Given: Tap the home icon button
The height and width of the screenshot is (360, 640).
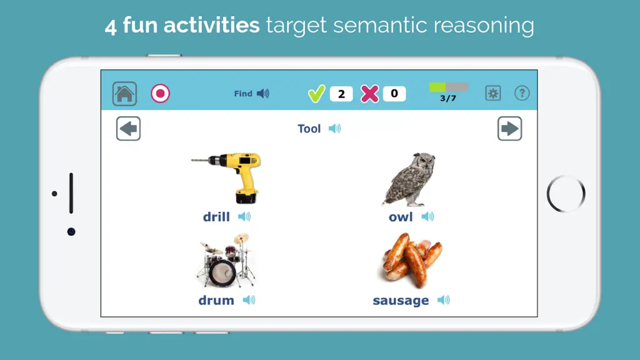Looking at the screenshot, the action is (124, 94).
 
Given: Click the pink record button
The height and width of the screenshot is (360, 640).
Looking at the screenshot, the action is (161, 94).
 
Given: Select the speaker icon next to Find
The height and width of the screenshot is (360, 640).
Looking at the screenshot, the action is (263, 94).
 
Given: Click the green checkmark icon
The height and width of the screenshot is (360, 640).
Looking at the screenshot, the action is (316, 94).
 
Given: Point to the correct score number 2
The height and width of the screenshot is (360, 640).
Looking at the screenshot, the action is (341, 94).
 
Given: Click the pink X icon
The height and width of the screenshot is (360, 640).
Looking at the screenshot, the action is (370, 94).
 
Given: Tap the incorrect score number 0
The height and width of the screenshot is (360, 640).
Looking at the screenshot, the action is (394, 94).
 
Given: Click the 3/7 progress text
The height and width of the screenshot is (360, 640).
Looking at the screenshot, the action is (447, 98).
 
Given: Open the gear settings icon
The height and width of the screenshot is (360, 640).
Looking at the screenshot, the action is (493, 93).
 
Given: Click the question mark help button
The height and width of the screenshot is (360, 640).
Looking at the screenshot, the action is (522, 93).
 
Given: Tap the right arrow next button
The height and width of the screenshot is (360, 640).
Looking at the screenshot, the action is (510, 129).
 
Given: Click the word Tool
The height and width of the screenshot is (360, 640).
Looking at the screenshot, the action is (309, 129).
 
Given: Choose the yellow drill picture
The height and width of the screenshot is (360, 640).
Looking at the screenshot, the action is (226, 177).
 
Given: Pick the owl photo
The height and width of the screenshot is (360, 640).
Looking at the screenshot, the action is (409, 179).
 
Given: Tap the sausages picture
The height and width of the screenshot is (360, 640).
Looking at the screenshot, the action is (412, 260).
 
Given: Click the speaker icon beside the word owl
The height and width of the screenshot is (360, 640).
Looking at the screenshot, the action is (427, 216).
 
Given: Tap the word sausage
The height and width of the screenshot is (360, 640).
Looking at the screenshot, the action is (401, 301).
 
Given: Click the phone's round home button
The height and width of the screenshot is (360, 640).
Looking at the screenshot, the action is (566, 194).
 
